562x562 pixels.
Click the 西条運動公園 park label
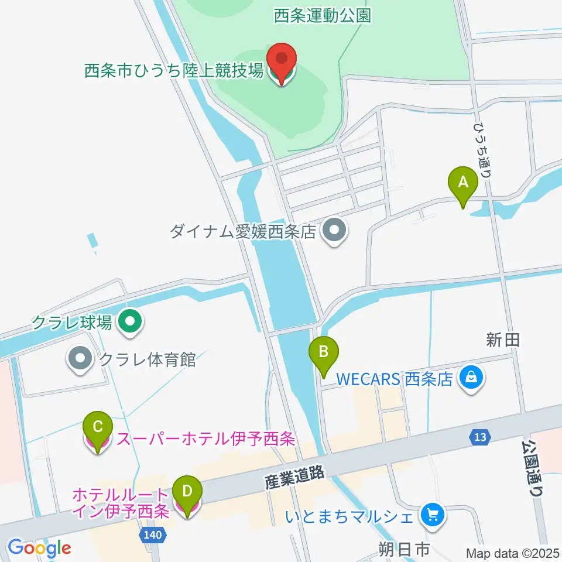coord(323,16)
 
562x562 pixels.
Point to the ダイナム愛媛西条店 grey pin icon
coord(334,232)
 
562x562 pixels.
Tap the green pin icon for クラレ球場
coord(130,321)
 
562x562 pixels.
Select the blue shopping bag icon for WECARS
coord(471,378)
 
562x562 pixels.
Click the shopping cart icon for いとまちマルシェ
coord(433,516)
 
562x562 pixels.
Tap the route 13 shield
coord(480,436)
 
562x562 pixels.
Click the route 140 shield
coord(153,534)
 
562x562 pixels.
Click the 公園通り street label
coord(532,468)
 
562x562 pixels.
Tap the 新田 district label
coord(503,339)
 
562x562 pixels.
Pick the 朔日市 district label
coord(405,550)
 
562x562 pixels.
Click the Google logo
coord(39,548)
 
